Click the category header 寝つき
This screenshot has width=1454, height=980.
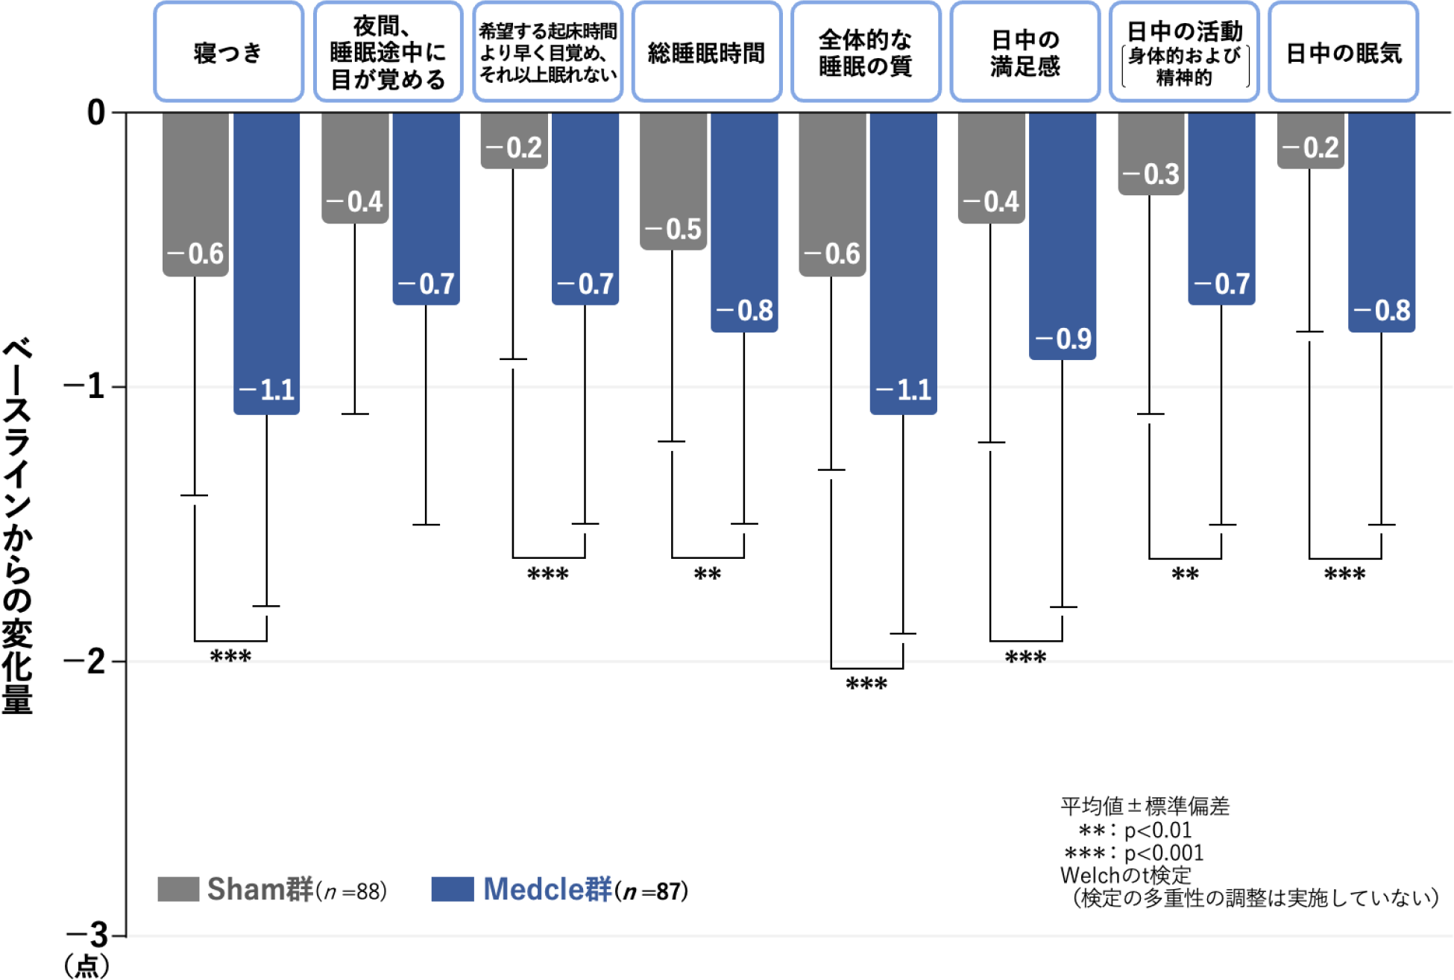pos(228,52)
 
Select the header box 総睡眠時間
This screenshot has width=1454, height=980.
pos(706,52)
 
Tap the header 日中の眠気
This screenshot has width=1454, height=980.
pos(1344,52)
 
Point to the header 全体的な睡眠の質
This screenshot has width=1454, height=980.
pos(865,52)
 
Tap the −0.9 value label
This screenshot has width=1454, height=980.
pos(1064,339)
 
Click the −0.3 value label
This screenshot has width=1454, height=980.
pos(1151,174)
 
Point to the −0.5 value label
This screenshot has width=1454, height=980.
pos(673,229)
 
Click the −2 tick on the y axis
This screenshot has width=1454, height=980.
pos(86,661)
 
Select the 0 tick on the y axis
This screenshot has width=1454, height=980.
pos(96,113)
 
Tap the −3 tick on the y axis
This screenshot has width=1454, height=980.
pos(88,935)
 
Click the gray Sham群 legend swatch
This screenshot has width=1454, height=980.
pos(178,889)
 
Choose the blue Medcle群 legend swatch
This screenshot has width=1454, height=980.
pos(452,889)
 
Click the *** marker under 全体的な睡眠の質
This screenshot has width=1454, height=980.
pos(866,684)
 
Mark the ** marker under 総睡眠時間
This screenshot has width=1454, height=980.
pos(708,575)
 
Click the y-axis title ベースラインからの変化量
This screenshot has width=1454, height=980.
pos(17,525)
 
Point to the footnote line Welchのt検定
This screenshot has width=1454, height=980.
pos(1126,875)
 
